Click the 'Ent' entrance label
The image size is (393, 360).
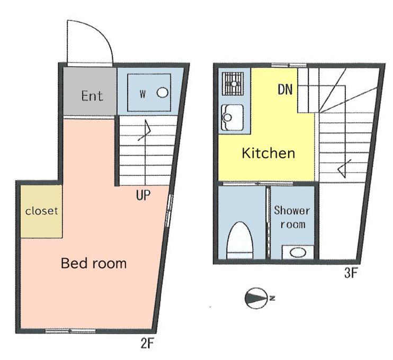coord(92,96)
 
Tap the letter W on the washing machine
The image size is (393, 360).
coord(142,94)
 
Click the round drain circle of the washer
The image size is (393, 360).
coord(163,93)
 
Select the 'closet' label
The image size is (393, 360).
coord(42,211)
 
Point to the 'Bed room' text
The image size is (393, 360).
coord(94,263)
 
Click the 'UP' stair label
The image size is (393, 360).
coord(144,195)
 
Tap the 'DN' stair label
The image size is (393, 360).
coord(285,89)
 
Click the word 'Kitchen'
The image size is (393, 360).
coord(269,153)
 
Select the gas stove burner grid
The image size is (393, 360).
coord(233,84)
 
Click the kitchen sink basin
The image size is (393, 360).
coord(233,118)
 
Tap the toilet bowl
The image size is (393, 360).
coord(240,240)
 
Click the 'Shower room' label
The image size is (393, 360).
coord(292,217)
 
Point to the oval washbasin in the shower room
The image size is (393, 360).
coord(298,253)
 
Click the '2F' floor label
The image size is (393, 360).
coord(147,343)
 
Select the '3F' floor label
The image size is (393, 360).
coord(351,273)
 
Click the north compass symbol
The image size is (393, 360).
coord(256,298)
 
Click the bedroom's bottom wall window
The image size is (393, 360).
coord(70,331)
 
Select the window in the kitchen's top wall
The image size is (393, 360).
coord(289,66)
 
